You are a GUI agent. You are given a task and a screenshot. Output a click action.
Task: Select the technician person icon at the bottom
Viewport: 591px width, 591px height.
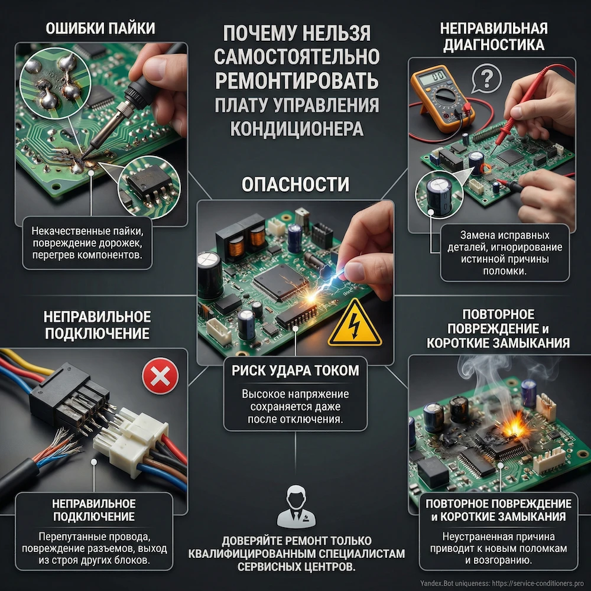pyautogui.click(x=295, y=507)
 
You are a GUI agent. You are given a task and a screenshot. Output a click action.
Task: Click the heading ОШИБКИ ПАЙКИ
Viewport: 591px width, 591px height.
pyautogui.click(x=100, y=30)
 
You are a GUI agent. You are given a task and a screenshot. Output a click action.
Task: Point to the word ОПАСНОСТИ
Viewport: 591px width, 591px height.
pyautogui.click(x=295, y=184)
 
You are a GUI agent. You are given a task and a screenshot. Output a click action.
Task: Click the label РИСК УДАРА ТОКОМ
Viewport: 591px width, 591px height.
pyautogui.click(x=295, y=371)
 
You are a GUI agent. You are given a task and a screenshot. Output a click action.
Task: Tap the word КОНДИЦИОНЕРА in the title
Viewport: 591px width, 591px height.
pyautogui.click(x=295, y=129)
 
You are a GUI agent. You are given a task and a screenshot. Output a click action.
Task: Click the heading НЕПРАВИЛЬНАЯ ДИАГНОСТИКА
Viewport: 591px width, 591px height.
pyautogui.click(x=493, y=37)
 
